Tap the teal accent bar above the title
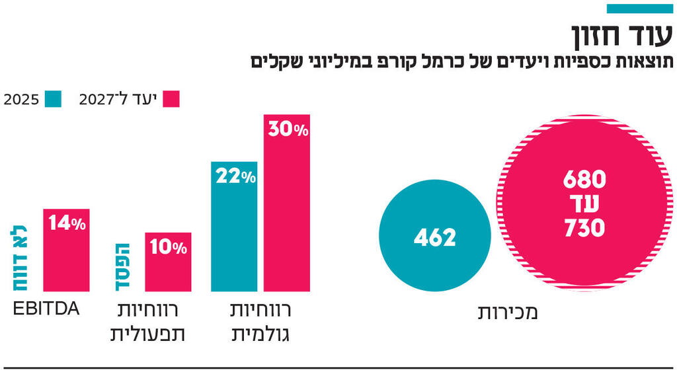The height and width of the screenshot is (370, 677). tap(639, 9)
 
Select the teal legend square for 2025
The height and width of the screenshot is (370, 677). tap(54, 100)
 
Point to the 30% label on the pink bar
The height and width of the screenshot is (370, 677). tap(288, 130)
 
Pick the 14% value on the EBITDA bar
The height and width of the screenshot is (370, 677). tap(67, 224)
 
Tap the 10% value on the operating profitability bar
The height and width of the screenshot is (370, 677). tap(168, 248)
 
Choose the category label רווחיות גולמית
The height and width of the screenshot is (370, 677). tap(260, 322)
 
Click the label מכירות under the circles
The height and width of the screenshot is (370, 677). tap(507, 312)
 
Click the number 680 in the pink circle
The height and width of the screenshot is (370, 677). tap(584, 179)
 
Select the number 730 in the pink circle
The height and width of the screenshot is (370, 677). tap(584, 228)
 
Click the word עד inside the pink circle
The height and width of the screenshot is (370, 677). tap(585, 203)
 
